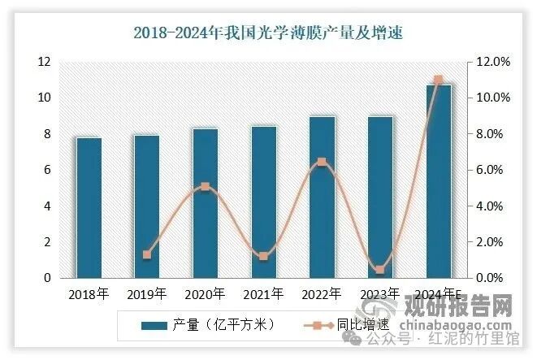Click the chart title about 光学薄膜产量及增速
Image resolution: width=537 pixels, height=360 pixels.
[268, 33]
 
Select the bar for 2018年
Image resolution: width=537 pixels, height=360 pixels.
[89, 207]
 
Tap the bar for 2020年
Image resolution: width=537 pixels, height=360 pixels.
[205, 203]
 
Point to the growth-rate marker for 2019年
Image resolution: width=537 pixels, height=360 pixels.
[147, 254]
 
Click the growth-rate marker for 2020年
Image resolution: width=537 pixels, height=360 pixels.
[205, 186]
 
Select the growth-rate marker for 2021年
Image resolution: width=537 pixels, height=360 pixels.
[263, 257]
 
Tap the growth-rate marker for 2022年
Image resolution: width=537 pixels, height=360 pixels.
[322, 162]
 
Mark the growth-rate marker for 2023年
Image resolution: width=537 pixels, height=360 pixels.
[379, 269]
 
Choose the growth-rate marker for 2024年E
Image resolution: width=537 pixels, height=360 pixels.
[438, 80]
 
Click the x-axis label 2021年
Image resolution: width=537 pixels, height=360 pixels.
[263, 294]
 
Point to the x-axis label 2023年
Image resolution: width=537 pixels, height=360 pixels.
[379, 294]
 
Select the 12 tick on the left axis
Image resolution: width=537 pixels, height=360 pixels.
[44, 62]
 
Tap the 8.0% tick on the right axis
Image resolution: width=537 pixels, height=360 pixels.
[491, 134]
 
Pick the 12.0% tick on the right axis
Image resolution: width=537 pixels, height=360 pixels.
[491, 62]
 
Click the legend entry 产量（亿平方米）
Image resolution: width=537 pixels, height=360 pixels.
[207, 325]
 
